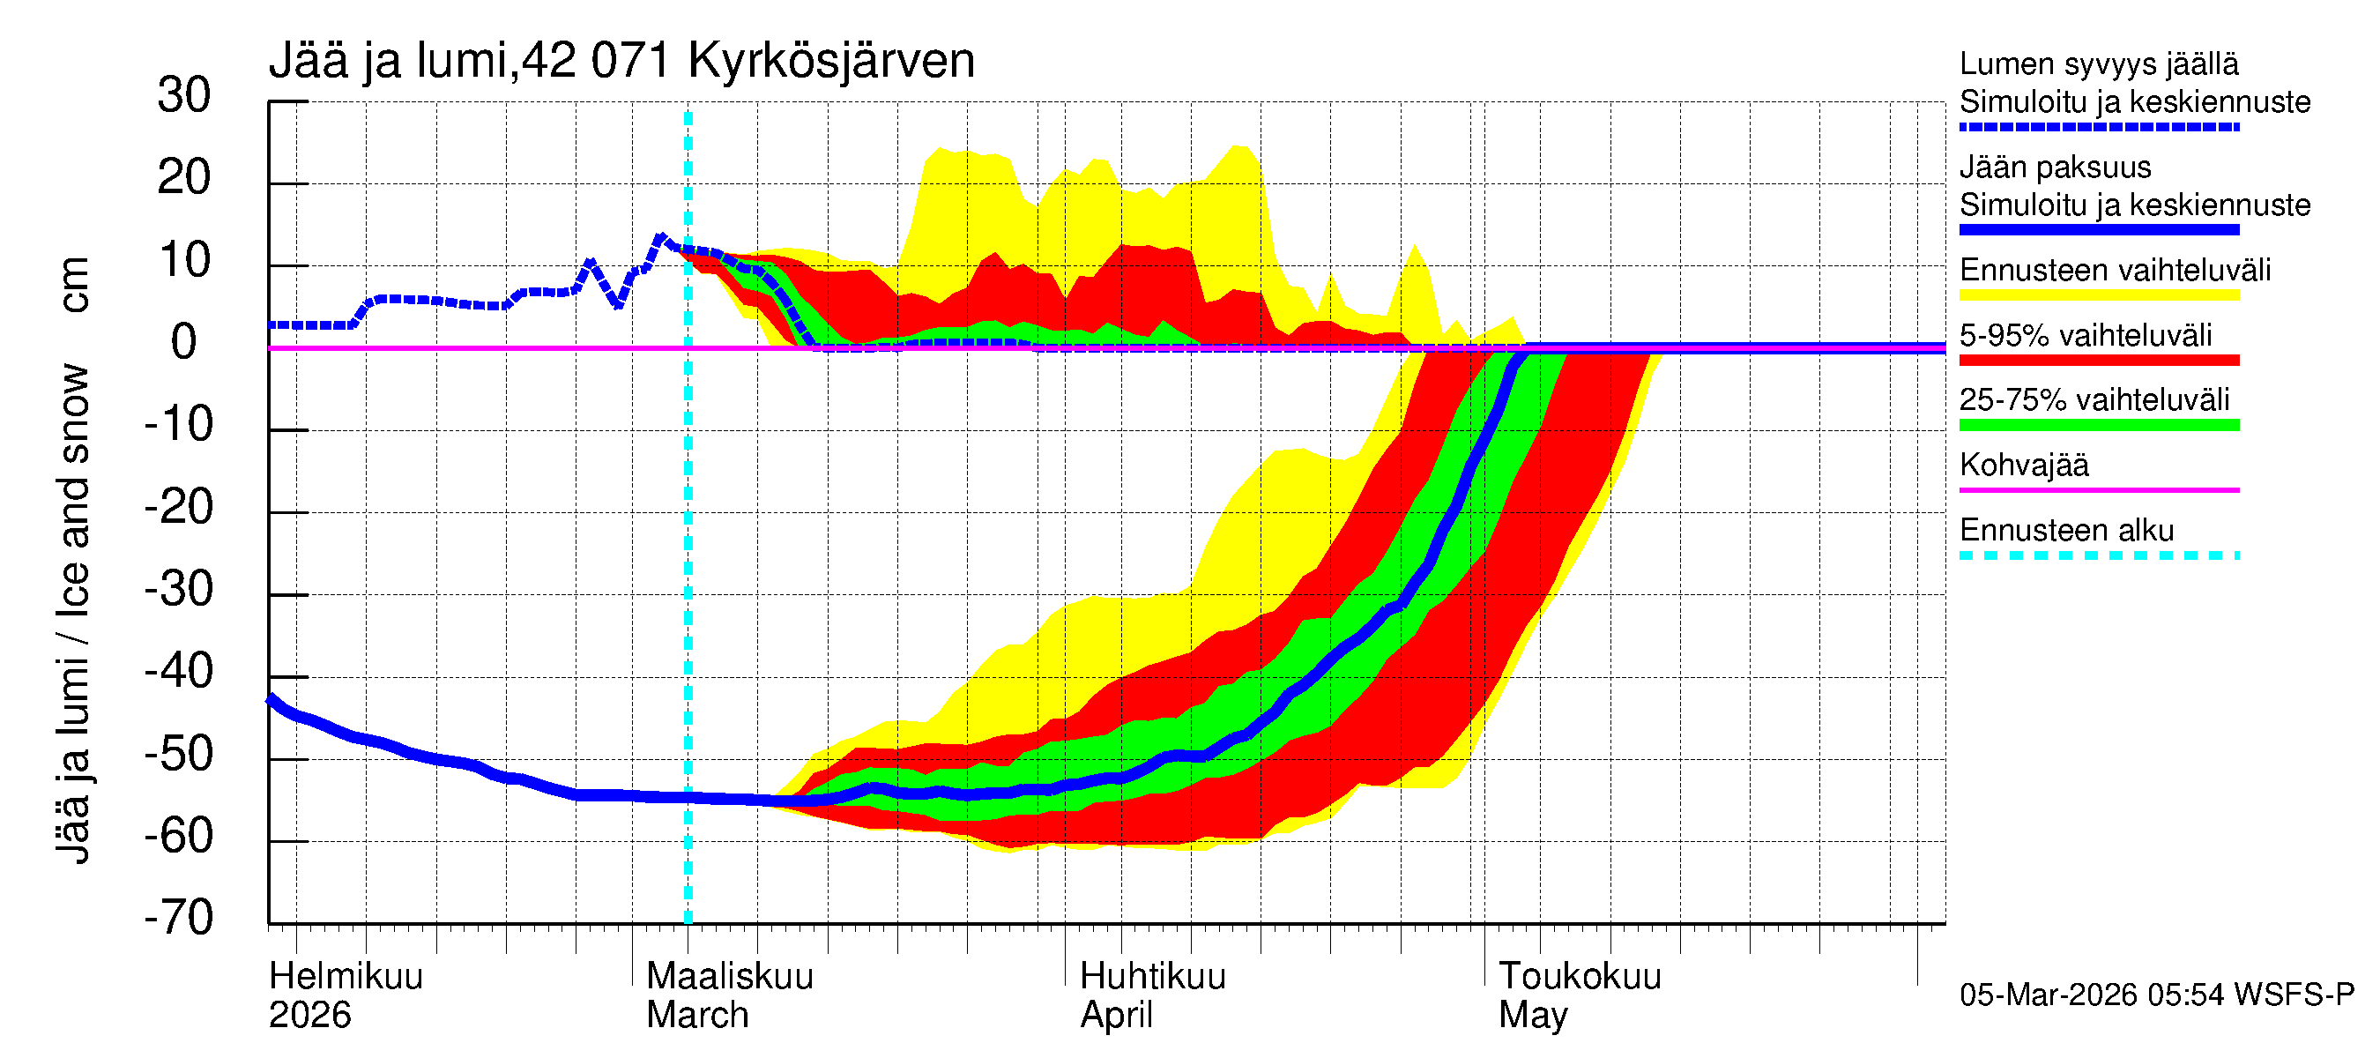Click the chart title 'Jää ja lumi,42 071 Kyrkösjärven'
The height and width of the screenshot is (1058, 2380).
[621, 61]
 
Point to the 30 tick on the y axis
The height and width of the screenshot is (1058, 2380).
[184, 96]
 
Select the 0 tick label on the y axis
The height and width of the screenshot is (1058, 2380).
[184, 343]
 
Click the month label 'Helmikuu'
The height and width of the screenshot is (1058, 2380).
[346, 977]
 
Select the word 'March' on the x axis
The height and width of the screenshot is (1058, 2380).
[696, 1016]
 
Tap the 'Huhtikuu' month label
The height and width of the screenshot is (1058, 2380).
[1152, 977]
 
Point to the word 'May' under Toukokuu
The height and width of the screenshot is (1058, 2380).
[1533, 1016]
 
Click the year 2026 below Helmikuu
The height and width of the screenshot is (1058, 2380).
[309, 1016]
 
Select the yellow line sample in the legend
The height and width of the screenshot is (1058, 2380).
[2098, 295]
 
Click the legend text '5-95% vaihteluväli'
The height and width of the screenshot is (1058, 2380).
[2086, 335]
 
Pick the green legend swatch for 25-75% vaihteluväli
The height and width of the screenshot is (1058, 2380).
[2098, 426]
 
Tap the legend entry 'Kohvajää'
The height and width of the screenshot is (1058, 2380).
[2023, 466]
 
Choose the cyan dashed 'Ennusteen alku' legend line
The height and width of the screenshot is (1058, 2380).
[2098, 556]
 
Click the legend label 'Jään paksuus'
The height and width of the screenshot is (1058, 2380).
[2055, 168]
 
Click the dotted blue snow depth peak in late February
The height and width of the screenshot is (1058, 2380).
[660, 237]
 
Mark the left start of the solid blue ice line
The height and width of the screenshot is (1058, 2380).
[271, 700]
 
